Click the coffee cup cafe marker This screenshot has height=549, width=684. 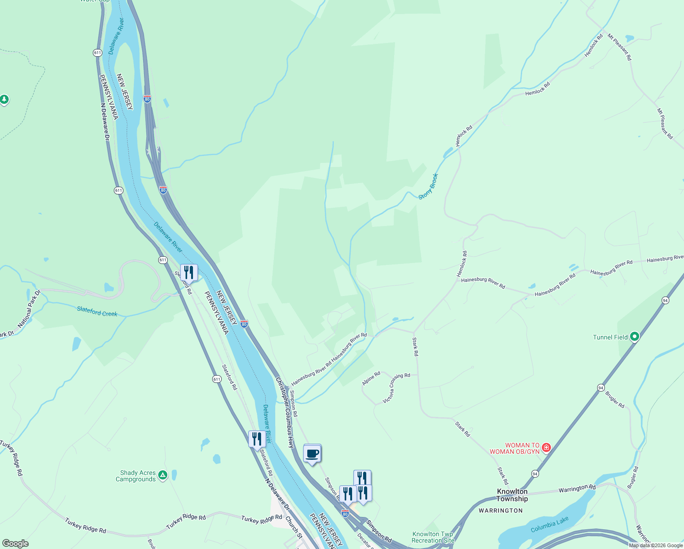tap(312, 454)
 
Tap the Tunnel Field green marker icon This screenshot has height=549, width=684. tap(634, 337)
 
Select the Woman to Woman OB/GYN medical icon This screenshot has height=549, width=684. tap(546, 447)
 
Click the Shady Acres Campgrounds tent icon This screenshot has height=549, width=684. tap(162, 475)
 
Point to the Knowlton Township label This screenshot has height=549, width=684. tap(512, 495)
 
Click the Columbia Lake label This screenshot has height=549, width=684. tap(550, 524)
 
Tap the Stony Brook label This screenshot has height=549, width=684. tap(428, 186)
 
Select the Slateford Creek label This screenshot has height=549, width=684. tap(97, 312)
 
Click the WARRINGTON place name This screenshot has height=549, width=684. tap(501, 511)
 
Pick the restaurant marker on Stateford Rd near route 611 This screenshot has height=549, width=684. tap(189, 272)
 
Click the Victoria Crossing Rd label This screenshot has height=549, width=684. tap(396, 388)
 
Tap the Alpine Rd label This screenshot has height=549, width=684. tap(371, 378)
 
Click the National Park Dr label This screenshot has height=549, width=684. tap(29, 309)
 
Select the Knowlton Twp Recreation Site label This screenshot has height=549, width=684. tap(433, 537)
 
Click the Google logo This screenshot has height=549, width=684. tap(15, 544)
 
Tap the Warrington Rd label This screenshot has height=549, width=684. tap(577, 489)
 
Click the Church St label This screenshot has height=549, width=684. tap(294, 527)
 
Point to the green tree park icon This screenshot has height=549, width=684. tap(4, 99)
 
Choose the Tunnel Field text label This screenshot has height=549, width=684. tap(610, 337)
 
